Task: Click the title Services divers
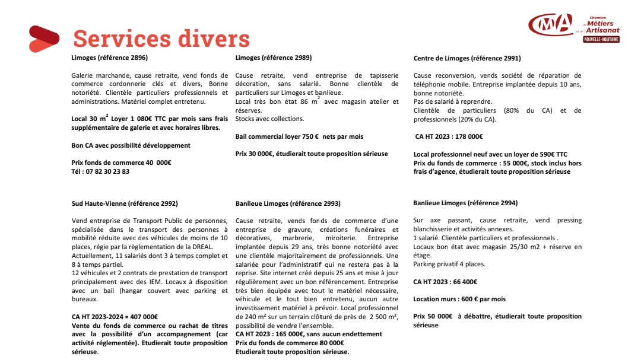161,39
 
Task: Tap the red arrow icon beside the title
43,39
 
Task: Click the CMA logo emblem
551,24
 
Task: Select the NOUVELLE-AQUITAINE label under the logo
601,39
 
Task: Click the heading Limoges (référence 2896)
110,58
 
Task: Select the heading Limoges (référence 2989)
274,58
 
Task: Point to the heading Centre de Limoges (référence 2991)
467,59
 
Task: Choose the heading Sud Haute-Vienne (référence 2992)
125,203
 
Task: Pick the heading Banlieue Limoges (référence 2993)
288,203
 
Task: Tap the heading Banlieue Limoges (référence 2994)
465,203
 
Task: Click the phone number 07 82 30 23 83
100,171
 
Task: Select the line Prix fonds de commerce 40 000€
121,163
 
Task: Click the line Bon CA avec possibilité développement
131,145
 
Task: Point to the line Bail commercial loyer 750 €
299,136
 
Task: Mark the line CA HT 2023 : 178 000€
449,137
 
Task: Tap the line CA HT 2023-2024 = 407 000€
115,317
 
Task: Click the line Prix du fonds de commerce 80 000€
290,343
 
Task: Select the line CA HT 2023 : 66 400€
445,282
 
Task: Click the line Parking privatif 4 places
449,265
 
